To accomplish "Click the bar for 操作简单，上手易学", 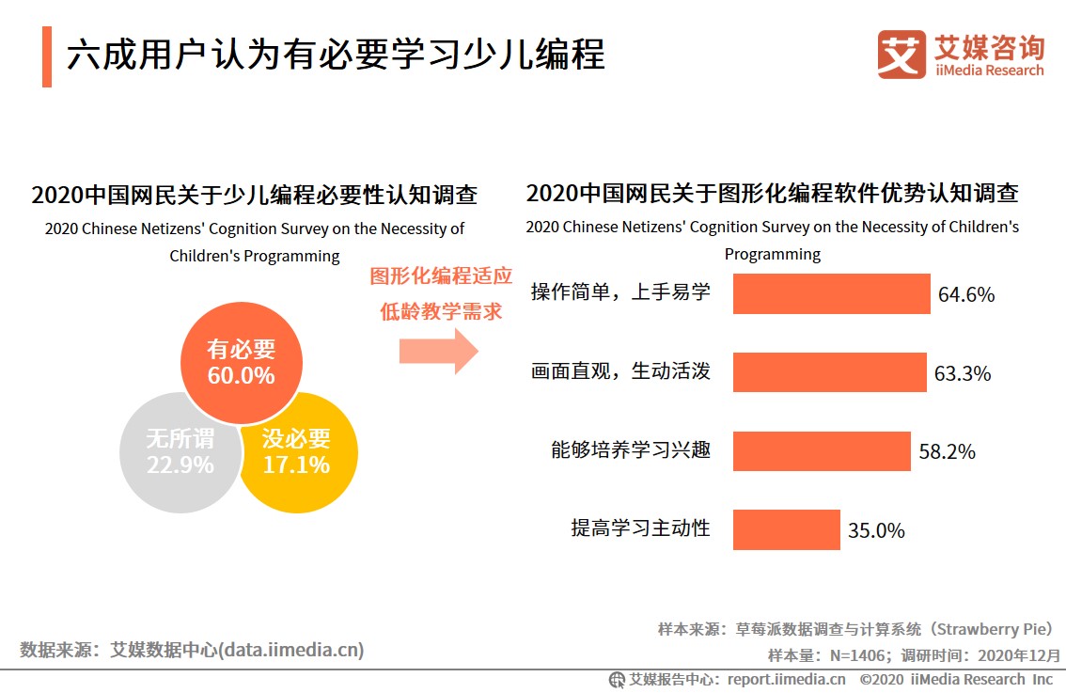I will tap(831, 293).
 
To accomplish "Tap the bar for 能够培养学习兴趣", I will tap(822, 451).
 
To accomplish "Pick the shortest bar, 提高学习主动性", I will tap(786, 529).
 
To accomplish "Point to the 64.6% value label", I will tap(966, 294).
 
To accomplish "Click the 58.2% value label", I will tap(948, 451).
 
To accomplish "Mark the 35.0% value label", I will tap(876, 530).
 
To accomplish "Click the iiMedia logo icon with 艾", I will tap(901, 55).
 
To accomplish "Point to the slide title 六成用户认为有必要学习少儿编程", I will tap(336, 55).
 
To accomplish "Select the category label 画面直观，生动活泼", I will tap(620, 371).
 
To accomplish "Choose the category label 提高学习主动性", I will tap(640, 528).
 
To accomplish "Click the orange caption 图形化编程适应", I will tap(441, 276).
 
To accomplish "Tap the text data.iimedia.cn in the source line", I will tap(290, 650).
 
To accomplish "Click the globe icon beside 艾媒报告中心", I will tap(618, 679).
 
